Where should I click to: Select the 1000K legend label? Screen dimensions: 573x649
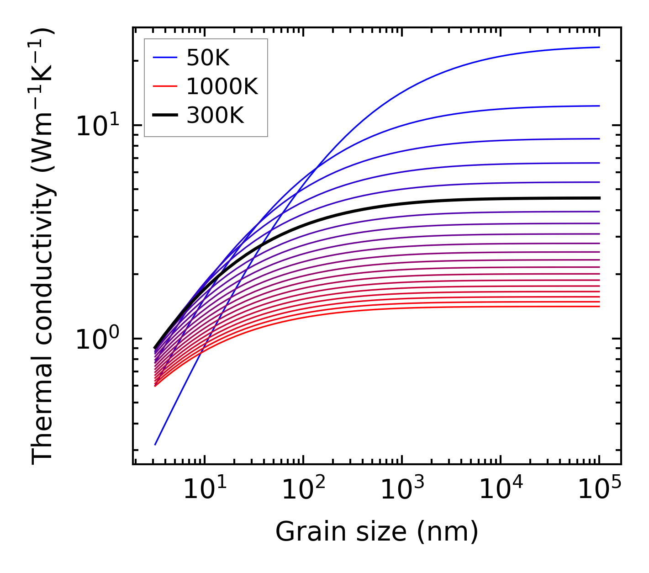click(222, 87)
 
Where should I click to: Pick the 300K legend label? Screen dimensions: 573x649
click(215, 116)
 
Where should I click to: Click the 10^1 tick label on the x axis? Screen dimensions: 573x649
click(204, 490)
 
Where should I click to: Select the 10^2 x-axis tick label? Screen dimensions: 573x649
click(303, 490)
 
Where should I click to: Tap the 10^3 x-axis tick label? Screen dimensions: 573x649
click(402, 490)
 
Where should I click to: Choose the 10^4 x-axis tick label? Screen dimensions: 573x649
click(501, 490)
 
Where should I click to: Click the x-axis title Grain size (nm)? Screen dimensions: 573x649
click(377, 532)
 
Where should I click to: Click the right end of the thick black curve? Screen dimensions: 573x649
click(599, 198)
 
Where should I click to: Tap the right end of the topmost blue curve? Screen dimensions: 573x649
click(599, 47)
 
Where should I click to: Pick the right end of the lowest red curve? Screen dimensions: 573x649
click(599, 306)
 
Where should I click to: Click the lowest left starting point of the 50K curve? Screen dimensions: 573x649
click(155, 444)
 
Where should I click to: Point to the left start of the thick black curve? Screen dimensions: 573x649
click(155, 348)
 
